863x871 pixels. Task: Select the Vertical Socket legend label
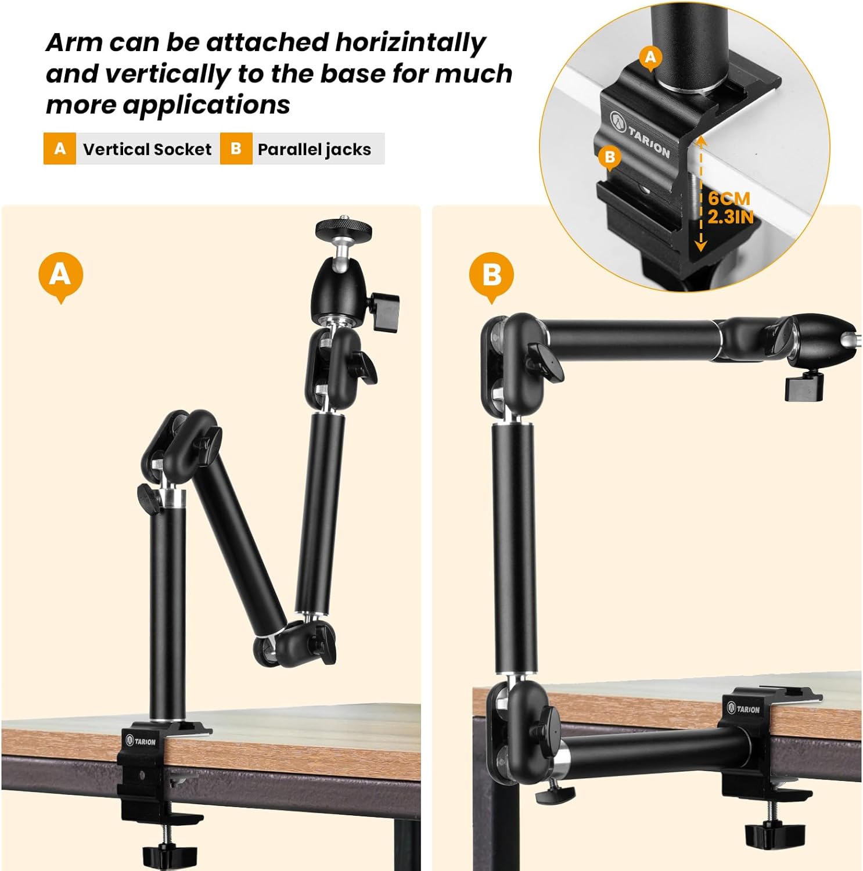[x=147, y=149]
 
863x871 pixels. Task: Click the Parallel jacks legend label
[x=314, y=149]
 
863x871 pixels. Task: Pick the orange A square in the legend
[x=60, y=149]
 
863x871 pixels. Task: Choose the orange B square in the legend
[x=236, y=149]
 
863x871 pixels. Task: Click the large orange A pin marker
[x=60, y=274]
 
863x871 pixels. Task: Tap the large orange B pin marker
[x=491, y=274]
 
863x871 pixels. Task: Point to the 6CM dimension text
[x=729, y=199]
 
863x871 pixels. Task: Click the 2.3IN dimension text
[x=730, y=217]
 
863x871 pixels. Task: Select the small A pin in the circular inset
[x=650, y=57]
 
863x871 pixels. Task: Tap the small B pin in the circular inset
[x=609, y=157]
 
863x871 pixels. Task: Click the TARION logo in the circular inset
[x=641, y=134]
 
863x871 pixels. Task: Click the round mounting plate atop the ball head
[x=344, y=229]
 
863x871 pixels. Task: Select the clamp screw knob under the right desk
[x=767, y=834]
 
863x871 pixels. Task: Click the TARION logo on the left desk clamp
[x=141, y=741]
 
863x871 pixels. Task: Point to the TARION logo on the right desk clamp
[x=743, y=708]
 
